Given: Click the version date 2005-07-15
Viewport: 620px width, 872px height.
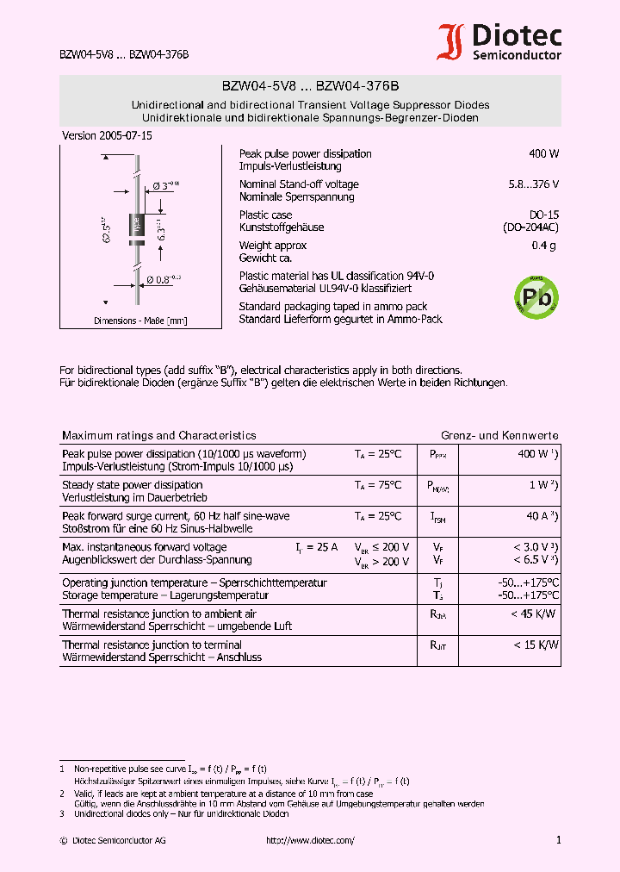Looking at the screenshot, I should pyautogui.click(x=96, y=136).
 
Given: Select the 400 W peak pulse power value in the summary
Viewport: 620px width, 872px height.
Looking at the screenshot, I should pyautogui.click(x=543, y=153).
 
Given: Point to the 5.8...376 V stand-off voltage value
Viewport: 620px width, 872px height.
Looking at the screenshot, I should pyautogui.click(x=534, y=184).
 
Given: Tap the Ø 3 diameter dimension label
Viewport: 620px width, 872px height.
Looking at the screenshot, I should pyautogui.click(x=166, y=186).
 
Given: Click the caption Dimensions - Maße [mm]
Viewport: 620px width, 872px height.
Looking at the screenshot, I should pyautogui.click(x=140, y=321).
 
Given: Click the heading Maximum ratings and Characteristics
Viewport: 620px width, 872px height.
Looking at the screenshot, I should pyautogui.click(x=158, y=435).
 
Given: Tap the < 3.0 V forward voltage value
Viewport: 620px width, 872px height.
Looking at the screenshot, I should pyautogui.click(x=536, y=547).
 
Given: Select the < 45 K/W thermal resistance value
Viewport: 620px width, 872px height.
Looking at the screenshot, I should pyautogui.click(x=535, y=614).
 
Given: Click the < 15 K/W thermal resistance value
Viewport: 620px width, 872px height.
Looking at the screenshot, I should pyautogui.click(x=536, y=645).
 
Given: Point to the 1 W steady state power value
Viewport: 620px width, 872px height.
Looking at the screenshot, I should pyautogui.click(x=540, y=485).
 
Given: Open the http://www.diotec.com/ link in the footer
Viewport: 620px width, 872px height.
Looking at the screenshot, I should pyautogui.click(x=310, y=840).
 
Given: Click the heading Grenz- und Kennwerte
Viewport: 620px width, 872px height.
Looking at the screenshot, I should pyautogui.click(x=499, y=435).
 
